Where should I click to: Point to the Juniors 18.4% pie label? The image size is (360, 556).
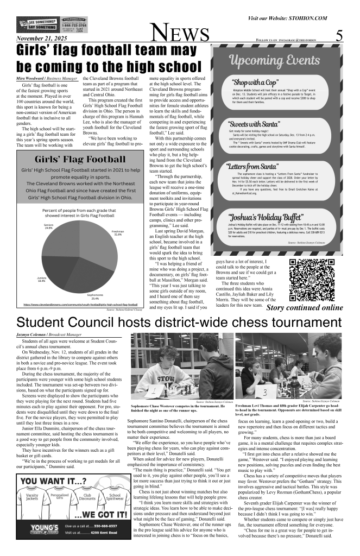[x=41, y=280]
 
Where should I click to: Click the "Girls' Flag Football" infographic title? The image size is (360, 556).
[x=78, y=160]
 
